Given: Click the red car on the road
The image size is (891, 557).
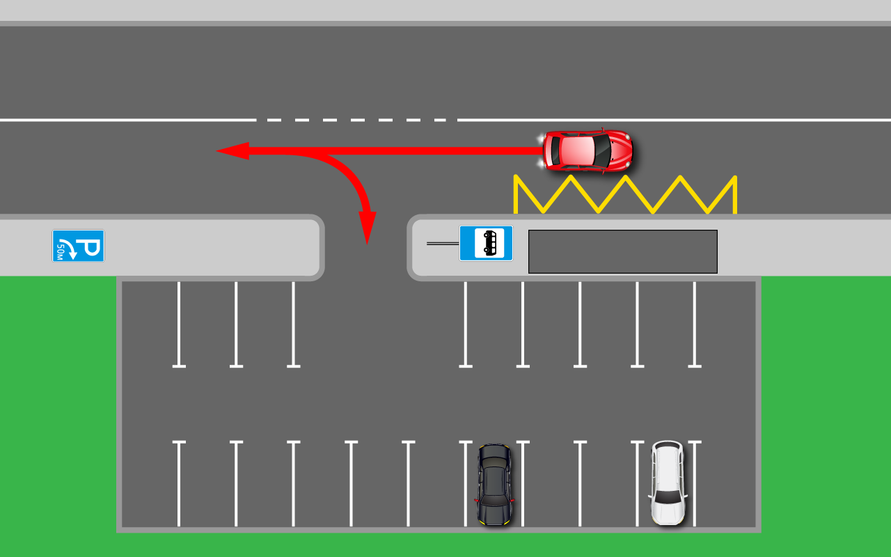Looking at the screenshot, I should (x=588, y=150).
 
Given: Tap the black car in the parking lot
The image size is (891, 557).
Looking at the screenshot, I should (x=494, y=485).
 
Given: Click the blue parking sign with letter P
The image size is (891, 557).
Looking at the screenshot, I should (x=78, y=246).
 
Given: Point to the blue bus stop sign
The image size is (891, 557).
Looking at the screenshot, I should (x=486, y=243).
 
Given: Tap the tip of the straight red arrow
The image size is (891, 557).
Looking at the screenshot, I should (x=220, y=150).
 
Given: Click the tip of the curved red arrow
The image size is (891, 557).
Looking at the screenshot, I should (x=366, y=240).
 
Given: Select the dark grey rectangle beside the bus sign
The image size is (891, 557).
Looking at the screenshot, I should (x=622, y=251).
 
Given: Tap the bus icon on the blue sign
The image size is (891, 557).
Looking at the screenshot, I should (x=486, y=243).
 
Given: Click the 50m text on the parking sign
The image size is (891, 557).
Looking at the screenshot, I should (x=59, y=250).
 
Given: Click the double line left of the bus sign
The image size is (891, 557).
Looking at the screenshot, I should (x=443, y=243).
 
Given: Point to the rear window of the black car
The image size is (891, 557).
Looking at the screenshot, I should (x=494, y=460).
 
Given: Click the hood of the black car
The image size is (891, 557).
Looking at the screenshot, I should (x=494, y=514).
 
